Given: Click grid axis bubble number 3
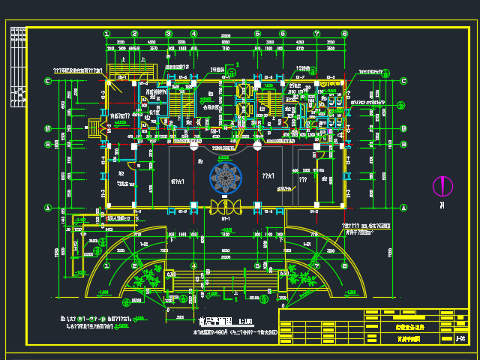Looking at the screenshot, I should (x=168, y=33).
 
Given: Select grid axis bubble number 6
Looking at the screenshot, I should (x=282, y=33).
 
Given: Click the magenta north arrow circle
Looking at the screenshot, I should (x=443, y=186).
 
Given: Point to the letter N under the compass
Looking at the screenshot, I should (x=443, y=204).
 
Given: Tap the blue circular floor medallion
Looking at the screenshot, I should (x=225, y=178).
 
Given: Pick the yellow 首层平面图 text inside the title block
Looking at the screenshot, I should (x=409, y=339).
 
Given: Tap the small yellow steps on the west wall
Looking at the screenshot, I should (x=94, y=128).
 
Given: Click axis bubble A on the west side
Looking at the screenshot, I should (x=46, y=208).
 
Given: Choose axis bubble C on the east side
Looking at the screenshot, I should (x=403, y=81).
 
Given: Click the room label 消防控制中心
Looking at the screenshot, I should (x=159, y=92).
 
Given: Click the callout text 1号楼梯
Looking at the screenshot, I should (x=217, y=70).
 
